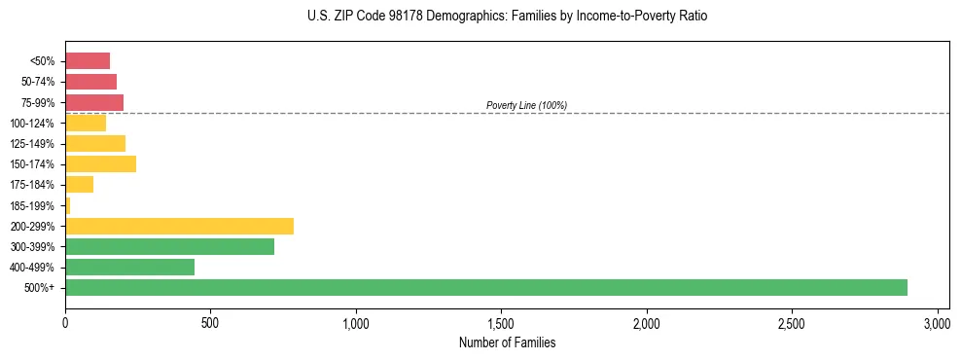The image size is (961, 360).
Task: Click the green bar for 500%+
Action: tap(486, 288)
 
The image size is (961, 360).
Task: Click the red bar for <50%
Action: tap(88, 60)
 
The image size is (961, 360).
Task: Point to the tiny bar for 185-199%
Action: tap(68, 205)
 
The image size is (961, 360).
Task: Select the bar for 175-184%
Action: tap(79, 185)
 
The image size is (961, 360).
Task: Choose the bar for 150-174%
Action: tap(100, 163)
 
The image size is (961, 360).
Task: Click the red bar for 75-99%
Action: tap(94, 102)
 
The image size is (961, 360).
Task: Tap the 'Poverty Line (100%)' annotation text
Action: tap(526, 105)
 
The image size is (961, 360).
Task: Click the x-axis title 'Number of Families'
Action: tap(507, 342)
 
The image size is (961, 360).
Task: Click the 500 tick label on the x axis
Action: tap(210, 323)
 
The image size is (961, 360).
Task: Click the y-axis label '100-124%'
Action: tap(32, 123)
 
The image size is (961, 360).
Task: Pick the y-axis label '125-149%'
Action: tap(32, 143)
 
